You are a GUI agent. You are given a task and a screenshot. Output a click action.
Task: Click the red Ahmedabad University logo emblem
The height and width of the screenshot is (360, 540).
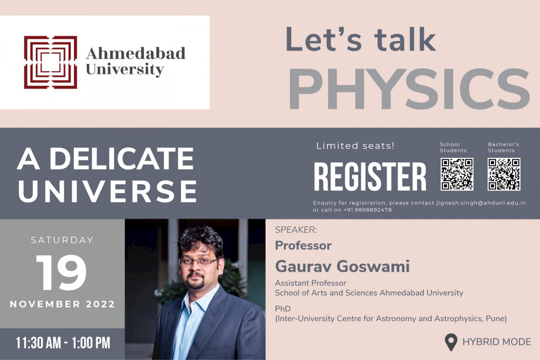tap(51, 62)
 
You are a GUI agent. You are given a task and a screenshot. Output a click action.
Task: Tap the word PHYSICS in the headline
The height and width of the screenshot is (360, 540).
tap(409, 89)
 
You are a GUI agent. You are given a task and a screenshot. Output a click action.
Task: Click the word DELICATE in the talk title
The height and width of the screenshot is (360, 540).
tap(122, 158)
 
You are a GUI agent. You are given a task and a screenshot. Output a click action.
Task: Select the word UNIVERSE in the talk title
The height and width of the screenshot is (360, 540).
tap(107, 191)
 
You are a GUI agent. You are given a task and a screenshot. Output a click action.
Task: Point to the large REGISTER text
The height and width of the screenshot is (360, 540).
tap(370, 177)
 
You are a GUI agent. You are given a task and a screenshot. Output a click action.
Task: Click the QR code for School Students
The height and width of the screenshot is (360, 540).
tap(457, 174)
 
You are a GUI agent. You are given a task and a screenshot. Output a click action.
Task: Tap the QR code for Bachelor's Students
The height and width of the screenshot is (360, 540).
tap(504, 174)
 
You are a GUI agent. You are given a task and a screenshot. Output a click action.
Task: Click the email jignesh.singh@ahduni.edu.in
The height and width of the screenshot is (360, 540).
tap(481, 203)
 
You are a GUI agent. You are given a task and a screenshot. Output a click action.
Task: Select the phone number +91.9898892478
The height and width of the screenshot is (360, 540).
tap(368, 210)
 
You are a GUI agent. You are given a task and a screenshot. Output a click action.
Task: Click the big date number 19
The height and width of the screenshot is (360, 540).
tap(61, 273)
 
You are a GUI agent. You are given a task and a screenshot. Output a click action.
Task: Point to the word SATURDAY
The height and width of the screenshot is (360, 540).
tap(62, 240)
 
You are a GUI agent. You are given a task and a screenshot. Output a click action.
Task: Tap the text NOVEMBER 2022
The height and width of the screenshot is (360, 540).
tap(62, 304)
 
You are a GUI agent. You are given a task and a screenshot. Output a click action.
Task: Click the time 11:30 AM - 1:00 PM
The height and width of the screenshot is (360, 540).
tap(63, 343)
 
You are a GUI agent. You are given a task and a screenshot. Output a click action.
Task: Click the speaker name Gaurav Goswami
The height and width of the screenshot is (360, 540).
tap(343, 267)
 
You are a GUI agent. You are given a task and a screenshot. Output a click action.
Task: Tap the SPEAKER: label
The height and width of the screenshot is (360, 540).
tap(296, 230)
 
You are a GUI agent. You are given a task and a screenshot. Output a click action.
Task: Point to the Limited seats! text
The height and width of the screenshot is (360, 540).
tap(355, 146)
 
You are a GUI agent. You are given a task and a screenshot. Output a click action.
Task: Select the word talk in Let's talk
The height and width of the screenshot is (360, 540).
tap(405, 40)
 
